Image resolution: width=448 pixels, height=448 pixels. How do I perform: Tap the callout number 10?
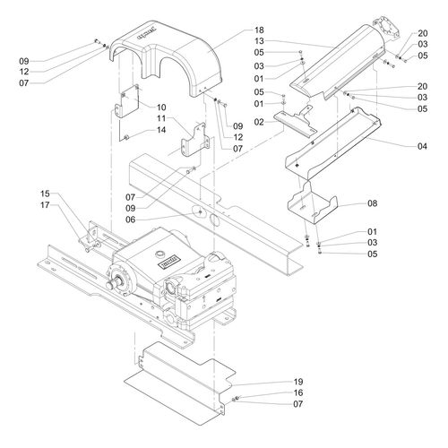coord(162,108)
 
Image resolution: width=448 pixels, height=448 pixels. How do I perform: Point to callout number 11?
coord(162,118)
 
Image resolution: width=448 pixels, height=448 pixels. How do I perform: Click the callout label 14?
coord(162,130)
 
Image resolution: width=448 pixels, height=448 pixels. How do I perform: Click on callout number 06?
coord(155,218)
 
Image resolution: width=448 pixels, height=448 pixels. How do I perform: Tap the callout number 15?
coord(45,194)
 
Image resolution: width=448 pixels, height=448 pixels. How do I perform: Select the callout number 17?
coord(45,205)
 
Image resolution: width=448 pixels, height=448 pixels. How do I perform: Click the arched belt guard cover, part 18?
coord(170,54)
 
